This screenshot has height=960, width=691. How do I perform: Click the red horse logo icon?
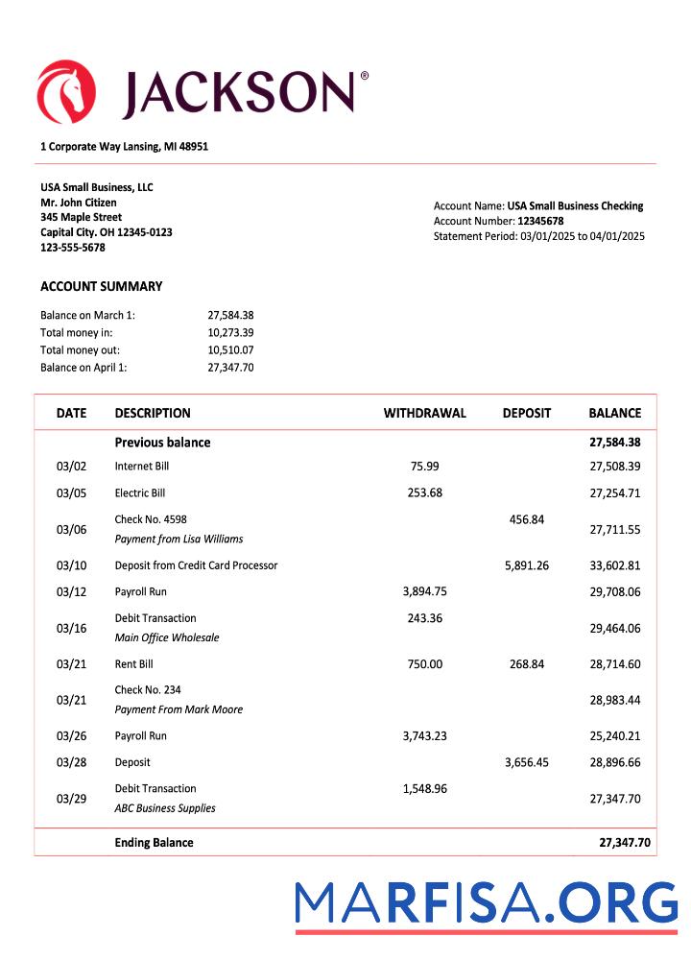pos(66,92)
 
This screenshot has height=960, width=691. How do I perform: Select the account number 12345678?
pos(540,221)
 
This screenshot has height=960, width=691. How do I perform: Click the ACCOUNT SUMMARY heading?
pos(101,286)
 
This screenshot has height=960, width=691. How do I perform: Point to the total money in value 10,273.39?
pos(230,332)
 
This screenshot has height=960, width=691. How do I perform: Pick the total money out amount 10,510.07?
pos(230,349)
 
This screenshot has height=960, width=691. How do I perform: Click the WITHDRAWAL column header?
pos(424,413)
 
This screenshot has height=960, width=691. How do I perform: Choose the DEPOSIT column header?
pos(526,413)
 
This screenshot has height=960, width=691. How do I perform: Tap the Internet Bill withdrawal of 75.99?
pos(424,466)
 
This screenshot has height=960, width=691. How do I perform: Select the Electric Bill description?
pos(140,492)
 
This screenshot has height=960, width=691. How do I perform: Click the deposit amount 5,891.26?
pos(526,565)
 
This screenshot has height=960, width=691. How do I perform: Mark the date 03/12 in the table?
pos(71,592)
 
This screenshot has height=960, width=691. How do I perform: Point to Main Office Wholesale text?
pos(167,637)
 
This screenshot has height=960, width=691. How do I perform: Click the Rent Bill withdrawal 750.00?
pos(424,664)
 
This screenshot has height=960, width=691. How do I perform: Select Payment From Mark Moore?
pos(179,709)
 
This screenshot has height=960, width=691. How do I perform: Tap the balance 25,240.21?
pos(614,736)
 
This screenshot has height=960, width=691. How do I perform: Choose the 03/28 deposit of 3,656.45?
pos(526,762)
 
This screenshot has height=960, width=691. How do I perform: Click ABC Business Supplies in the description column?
pos(165,808)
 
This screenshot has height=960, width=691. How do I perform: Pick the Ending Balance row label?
pos(154,843)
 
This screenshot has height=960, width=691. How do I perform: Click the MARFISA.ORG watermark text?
pos(486,904)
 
